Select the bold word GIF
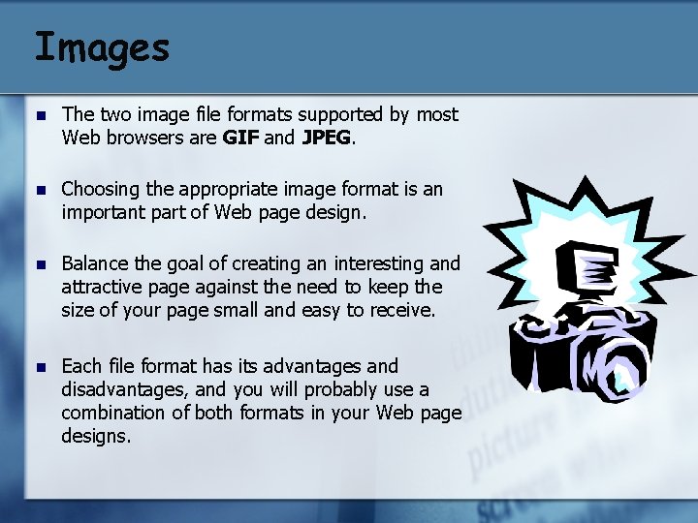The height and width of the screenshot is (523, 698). [240, 138]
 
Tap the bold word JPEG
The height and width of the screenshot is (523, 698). [327, 138]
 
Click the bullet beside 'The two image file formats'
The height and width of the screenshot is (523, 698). [42, 116]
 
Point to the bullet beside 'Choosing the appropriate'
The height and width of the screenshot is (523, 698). [42, 191]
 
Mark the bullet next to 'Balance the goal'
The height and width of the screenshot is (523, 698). [42, 265]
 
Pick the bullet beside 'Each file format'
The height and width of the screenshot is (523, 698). [42, 368]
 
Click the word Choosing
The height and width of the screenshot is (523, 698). [101, 190]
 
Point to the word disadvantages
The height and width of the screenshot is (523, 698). [122, 390]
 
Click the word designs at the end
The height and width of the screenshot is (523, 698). [96, 436]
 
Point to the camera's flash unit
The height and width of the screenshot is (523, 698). [587, 267]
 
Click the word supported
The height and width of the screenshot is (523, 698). [340, 115]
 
